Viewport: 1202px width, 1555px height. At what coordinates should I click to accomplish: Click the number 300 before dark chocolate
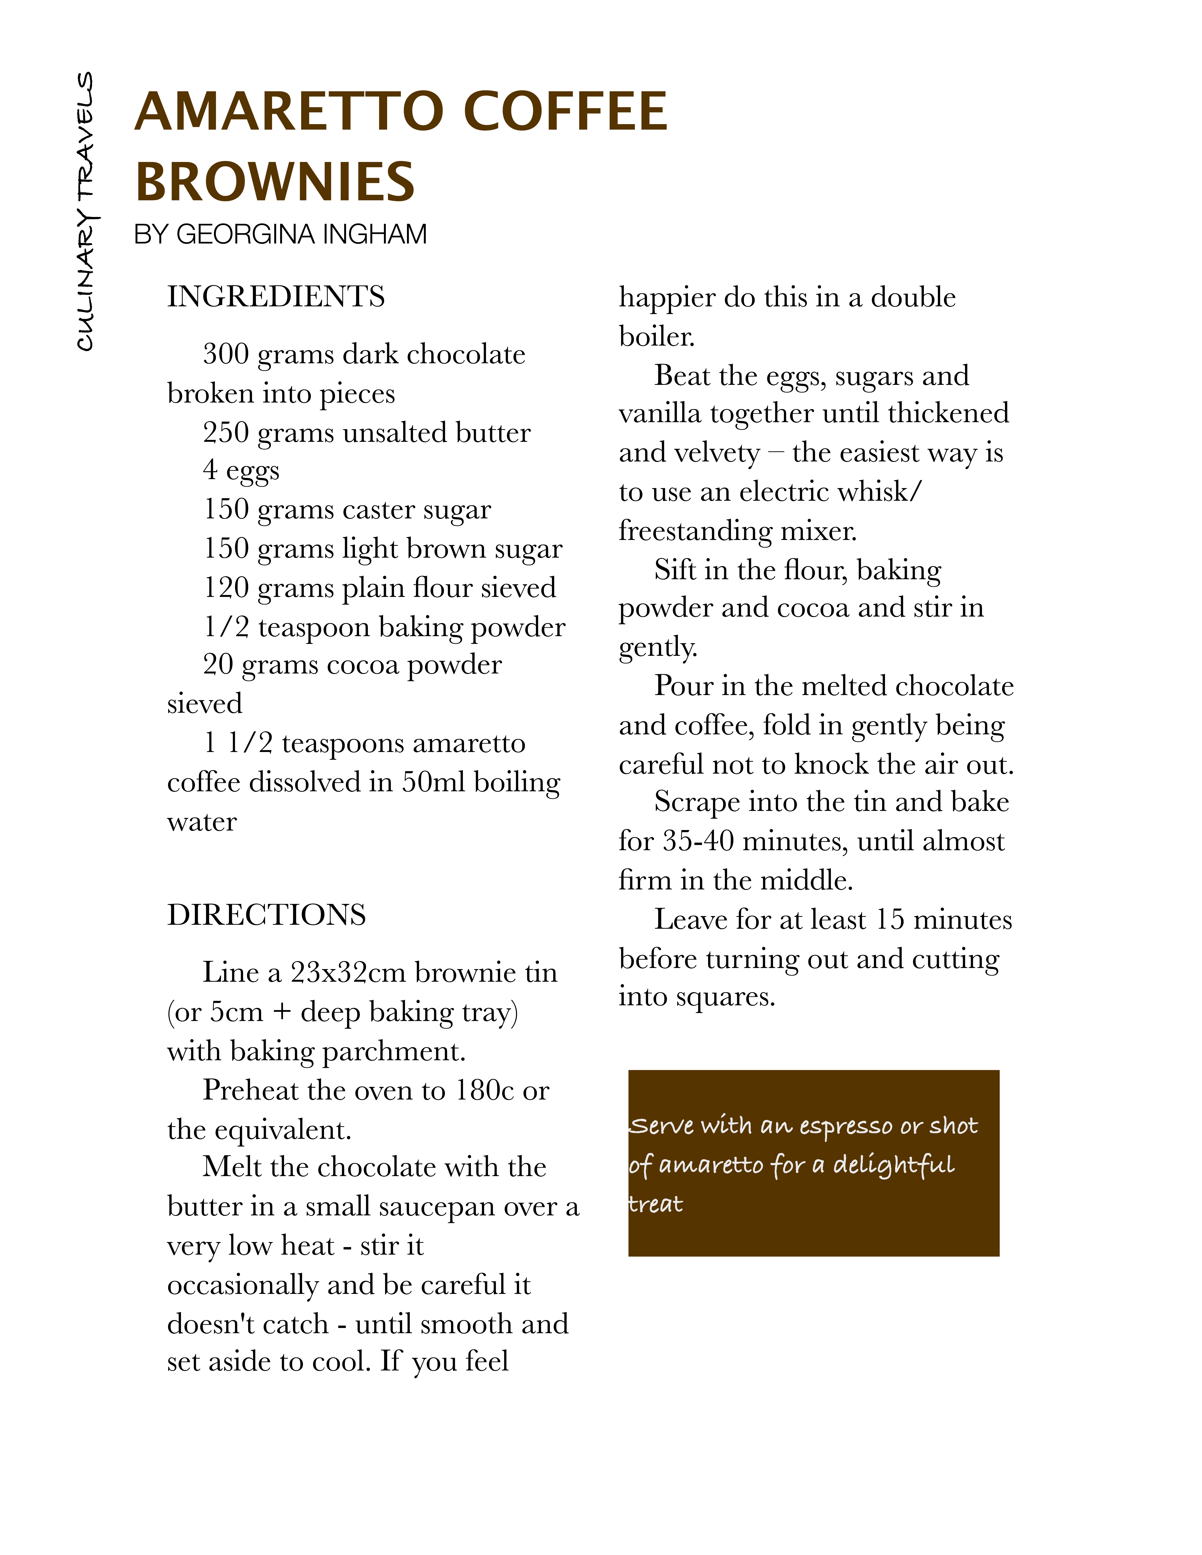(x=226, y=354)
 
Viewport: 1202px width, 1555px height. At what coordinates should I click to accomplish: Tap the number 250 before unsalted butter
(x=226, y=432)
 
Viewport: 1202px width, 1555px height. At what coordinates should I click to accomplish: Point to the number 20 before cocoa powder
(x=218, y=664)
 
